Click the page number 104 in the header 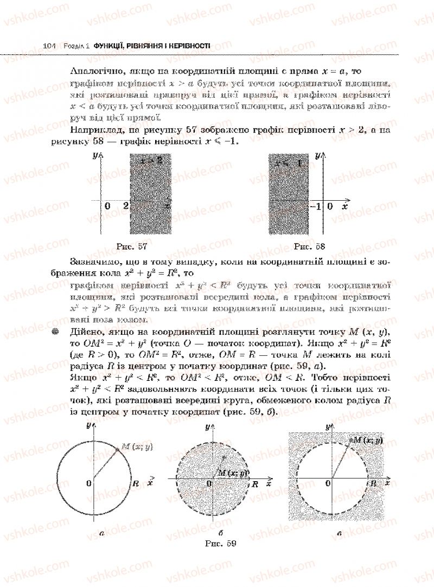(x=49, y=47)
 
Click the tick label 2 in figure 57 (x=126, y=206)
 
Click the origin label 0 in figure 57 (x=107, y=206)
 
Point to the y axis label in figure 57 (x=95, y=156)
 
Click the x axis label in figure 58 (x=344, y=207)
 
